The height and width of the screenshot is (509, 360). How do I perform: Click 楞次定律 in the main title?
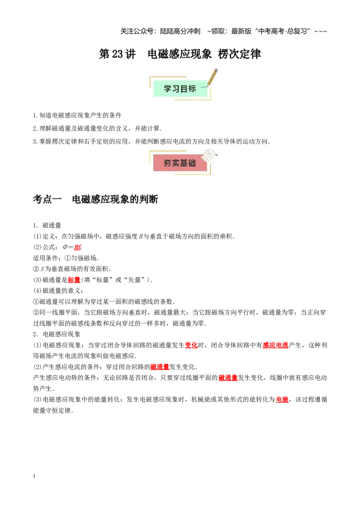point(239,54)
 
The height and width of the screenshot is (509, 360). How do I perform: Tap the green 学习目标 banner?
point(180,88)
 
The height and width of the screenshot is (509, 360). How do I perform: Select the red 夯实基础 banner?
point(180,163)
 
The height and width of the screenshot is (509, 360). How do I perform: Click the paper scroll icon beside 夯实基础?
point(209,155)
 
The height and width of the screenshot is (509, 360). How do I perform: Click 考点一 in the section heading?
point(47,199)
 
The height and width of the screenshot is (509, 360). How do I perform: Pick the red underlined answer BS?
point(77,247)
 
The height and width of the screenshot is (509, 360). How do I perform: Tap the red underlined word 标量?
point(74,280)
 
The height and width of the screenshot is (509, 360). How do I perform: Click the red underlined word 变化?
point(191,345)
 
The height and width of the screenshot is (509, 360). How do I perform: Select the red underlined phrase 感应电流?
point(275,345)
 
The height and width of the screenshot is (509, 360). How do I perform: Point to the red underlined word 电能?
point(282,400)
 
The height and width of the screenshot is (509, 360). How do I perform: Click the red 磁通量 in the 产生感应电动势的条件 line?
point(228,378)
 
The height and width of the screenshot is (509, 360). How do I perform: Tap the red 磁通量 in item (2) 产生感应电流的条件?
point(160,367)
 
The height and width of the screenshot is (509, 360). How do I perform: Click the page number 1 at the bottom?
point(34,476)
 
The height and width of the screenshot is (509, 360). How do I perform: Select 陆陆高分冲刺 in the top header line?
point(180,31)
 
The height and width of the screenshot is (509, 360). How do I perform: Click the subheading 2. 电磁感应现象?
point(57,335)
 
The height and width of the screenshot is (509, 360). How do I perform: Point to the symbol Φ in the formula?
point(65,247)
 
